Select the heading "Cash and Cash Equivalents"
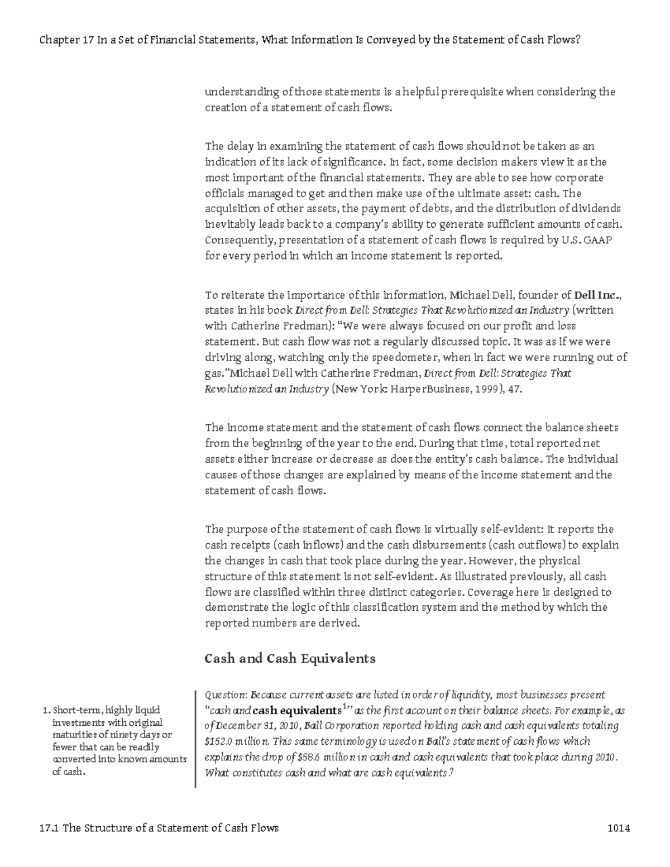point(290,658)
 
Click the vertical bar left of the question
point(195,739)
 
